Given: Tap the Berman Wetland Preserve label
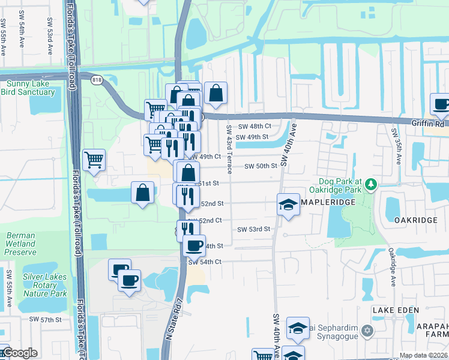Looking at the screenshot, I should [20, 244].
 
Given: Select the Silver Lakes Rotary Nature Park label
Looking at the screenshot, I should [45, 285].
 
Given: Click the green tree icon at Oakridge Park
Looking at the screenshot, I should [371, 182].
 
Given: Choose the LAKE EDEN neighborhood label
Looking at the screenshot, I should [393, 310].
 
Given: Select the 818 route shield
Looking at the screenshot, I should [97, 79].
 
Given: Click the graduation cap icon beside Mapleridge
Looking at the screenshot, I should [288, 204].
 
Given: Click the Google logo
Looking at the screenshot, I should [20, 353].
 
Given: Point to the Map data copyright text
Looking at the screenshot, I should [424, 355].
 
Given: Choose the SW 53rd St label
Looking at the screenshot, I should [255, 229].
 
